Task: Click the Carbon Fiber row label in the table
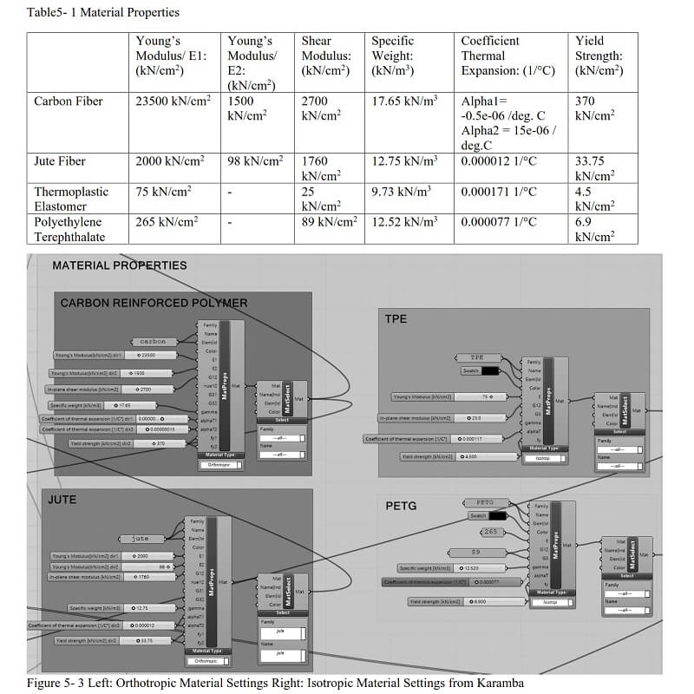[69, 101]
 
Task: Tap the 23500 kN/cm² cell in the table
[173, 101]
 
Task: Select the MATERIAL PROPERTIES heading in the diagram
[120, 265]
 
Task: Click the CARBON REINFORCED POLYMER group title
[154, 303]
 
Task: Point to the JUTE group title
[62, 500]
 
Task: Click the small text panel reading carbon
[153, 341]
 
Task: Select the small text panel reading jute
[141, 539]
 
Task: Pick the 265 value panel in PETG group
[491, 532]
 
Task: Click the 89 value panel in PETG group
[476, 552]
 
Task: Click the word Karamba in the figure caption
[496, 684]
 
